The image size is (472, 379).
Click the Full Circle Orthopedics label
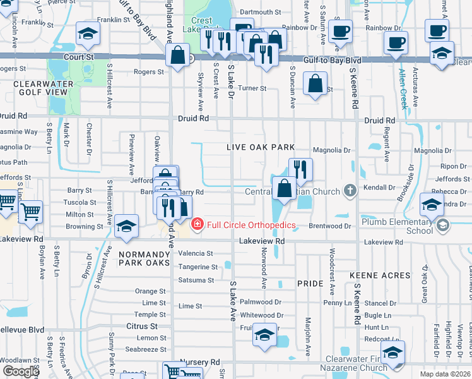251,224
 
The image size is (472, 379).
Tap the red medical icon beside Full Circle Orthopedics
198,224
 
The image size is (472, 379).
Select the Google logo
21,371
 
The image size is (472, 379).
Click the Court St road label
78,57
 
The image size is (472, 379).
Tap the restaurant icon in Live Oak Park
300,169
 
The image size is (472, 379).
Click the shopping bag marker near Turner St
315,83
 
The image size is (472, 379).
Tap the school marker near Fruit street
265,334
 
